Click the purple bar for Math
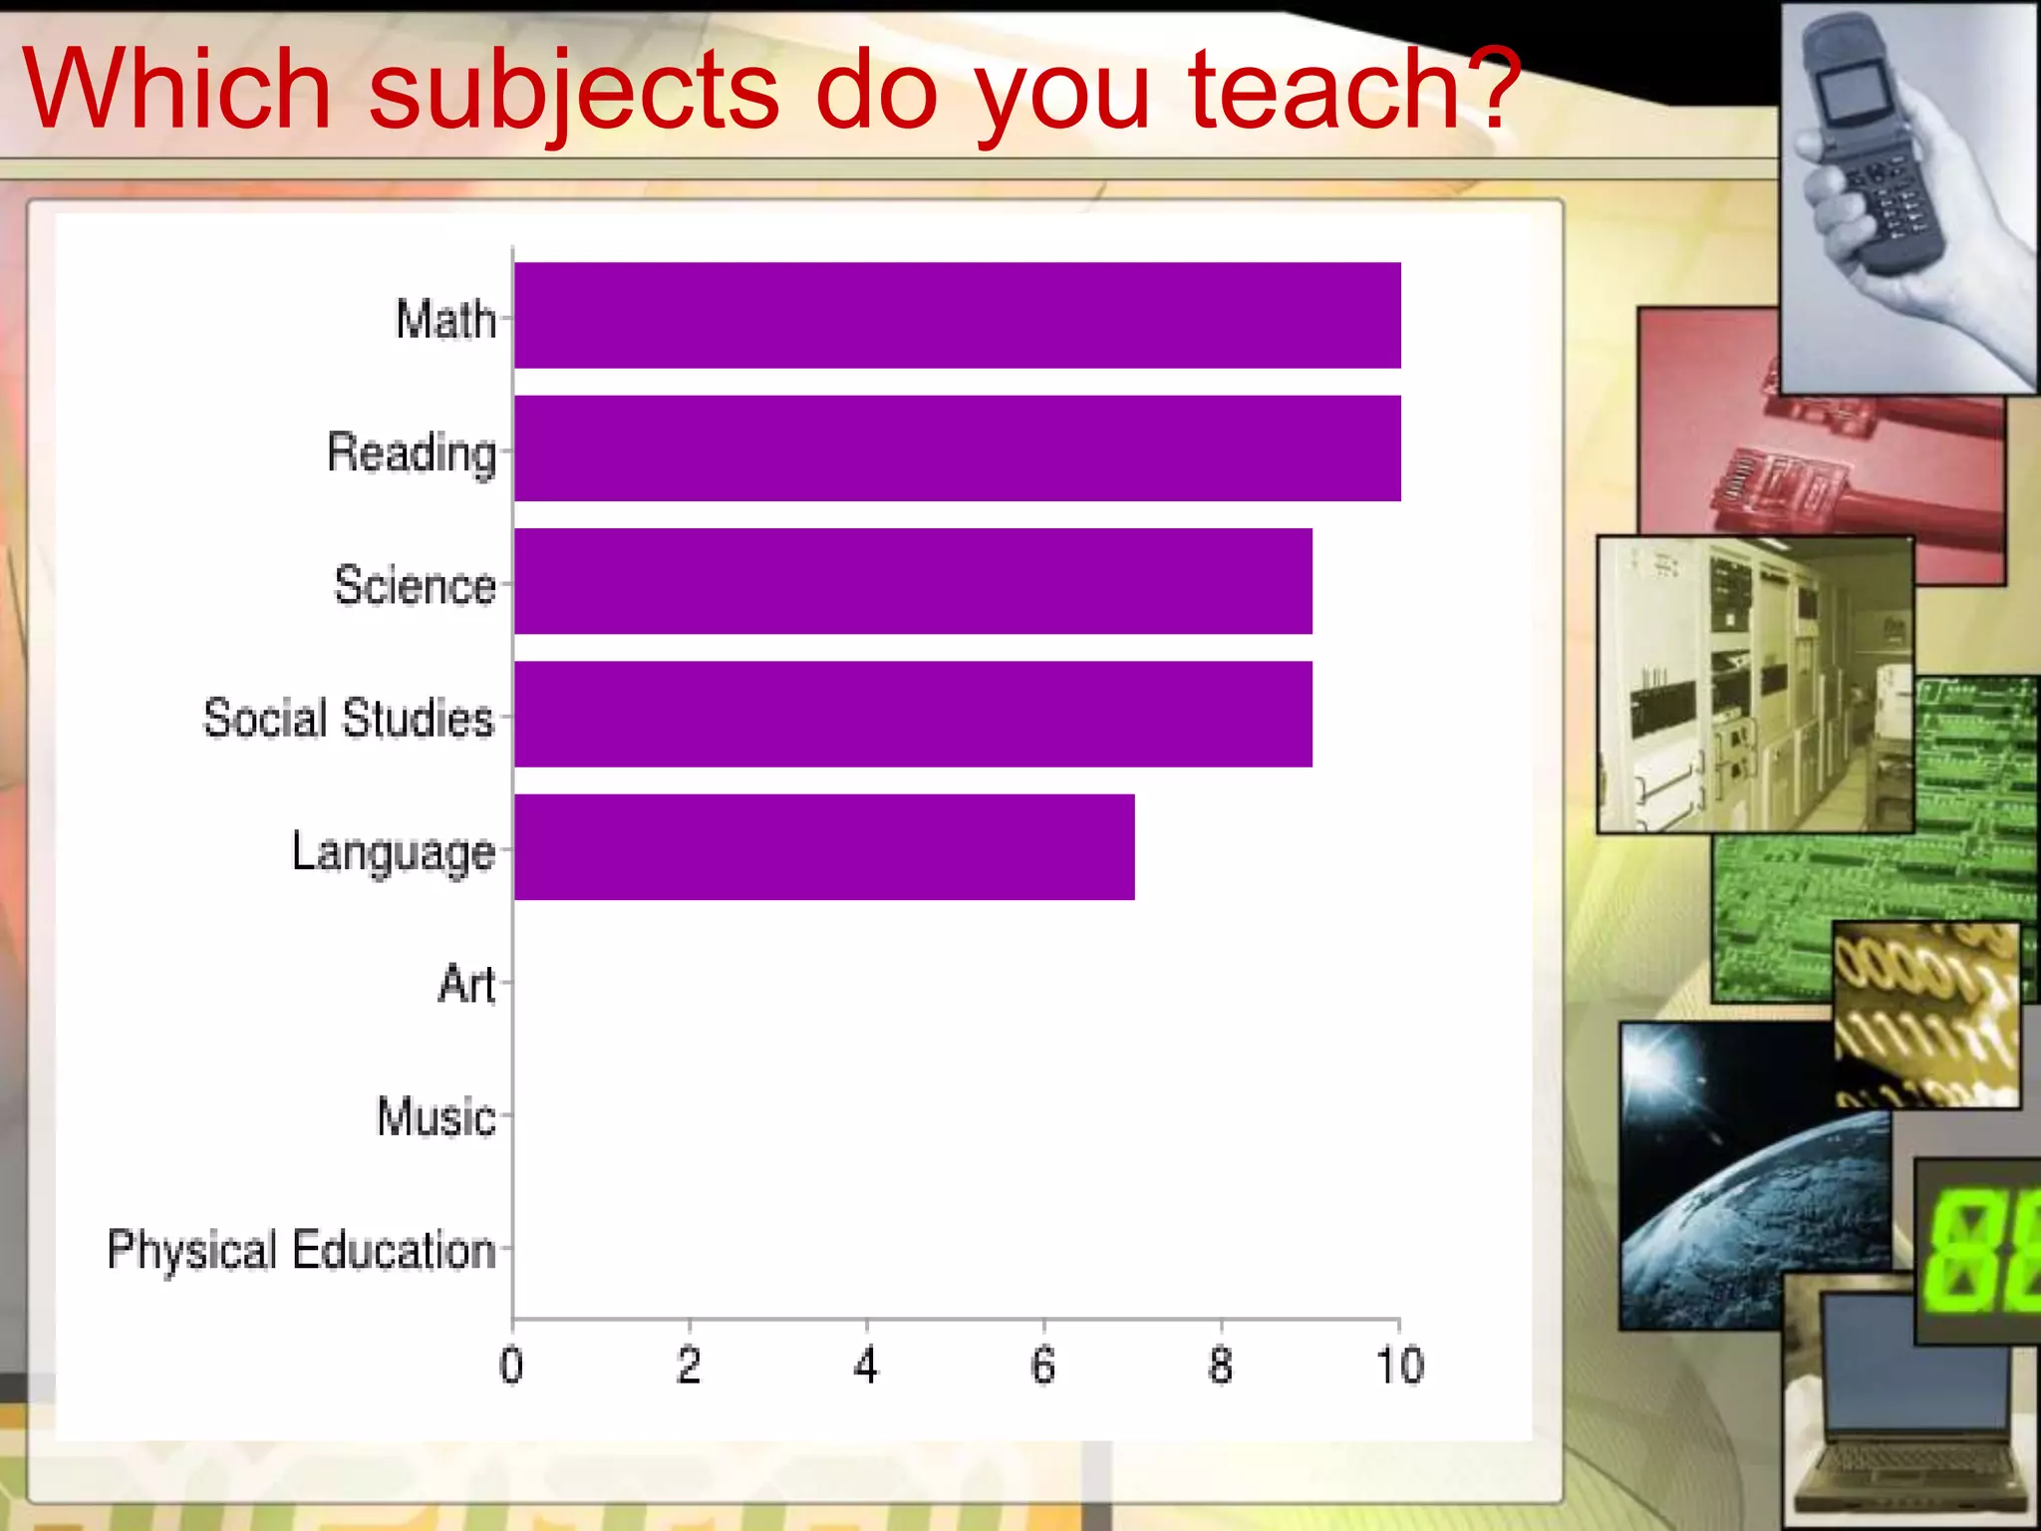957,315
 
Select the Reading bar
957,449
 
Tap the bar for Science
913,581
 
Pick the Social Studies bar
913,714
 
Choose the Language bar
824,847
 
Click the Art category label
466,984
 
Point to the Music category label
436,1116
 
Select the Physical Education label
301,1250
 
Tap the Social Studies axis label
349,718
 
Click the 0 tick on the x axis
511,1365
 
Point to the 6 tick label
1043,1365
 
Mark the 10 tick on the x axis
1399,1365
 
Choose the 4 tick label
866,1365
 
